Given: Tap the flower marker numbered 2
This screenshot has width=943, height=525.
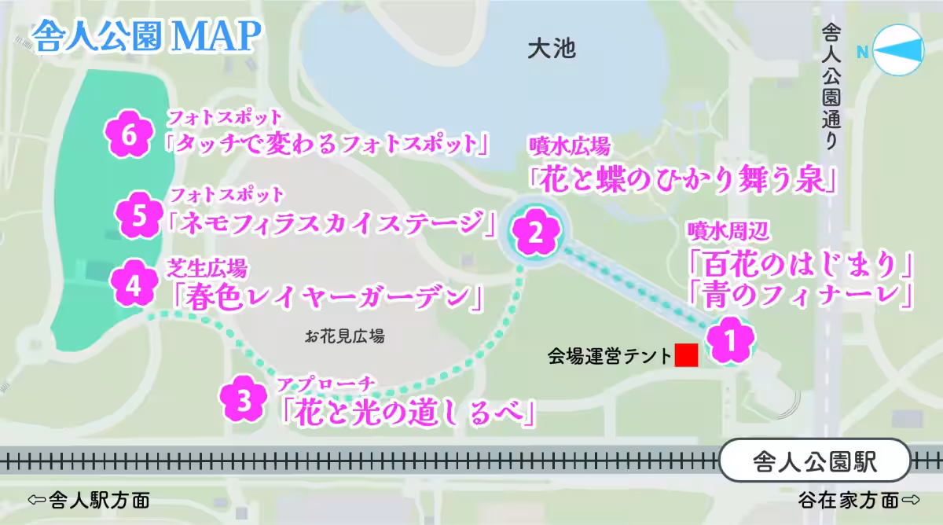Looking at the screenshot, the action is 535,232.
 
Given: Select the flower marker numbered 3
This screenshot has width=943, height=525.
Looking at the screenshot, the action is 244,400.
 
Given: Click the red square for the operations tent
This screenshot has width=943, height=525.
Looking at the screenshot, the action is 687,355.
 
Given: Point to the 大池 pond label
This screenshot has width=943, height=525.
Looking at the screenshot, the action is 552,50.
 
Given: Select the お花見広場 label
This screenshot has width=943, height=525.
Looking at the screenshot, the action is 346,337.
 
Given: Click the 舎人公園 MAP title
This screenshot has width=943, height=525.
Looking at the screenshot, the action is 147,35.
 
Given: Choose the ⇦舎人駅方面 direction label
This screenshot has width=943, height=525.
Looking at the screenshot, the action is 88,501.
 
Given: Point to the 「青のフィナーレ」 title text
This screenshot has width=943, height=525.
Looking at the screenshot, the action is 800,294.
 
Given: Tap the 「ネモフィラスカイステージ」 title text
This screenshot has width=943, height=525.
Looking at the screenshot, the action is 332,223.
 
